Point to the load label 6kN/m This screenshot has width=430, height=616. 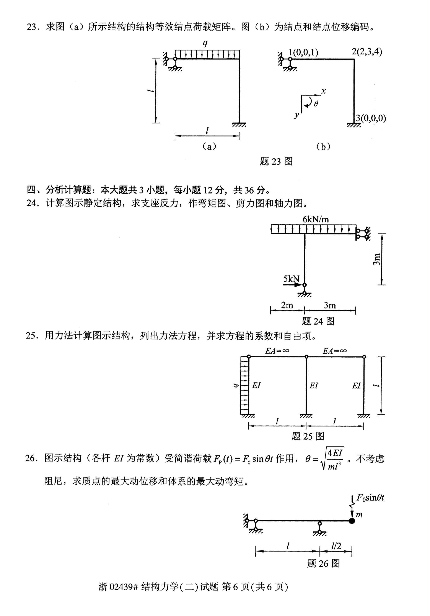(316, 219)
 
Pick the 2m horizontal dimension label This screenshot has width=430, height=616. (287, 305)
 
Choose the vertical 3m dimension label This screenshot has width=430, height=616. (377, 259)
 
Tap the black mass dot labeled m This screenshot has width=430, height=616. (352, 521)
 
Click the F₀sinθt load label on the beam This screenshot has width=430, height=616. (371, 498)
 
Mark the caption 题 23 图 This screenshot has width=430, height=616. (276, 161)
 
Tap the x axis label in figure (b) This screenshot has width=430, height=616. (324, 91)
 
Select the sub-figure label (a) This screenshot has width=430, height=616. (209, 146)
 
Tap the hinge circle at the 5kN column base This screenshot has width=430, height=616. (305, 285)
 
